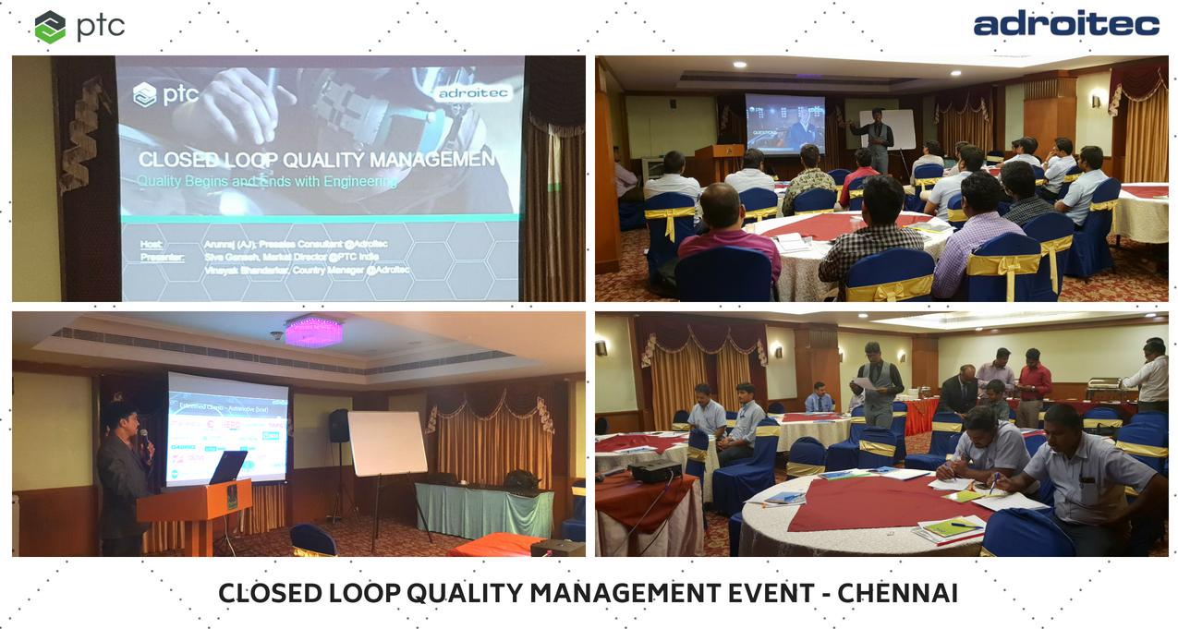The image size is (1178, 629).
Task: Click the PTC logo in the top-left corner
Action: click(79, 26)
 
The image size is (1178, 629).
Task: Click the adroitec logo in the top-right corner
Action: click(1066, 24)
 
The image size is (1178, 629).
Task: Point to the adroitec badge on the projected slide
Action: click(472, 94)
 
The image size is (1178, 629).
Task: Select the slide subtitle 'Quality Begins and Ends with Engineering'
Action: click(267, 182)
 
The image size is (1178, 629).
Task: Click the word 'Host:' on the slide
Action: click(151, 244)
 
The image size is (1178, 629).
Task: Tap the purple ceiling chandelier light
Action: click(313, 330)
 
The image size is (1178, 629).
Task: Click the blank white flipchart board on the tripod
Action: click(387, 443)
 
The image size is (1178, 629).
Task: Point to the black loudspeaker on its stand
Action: click(339, 426)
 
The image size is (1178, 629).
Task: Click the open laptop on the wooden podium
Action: click(226, 467)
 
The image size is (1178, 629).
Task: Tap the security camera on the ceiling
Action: click(276, 334)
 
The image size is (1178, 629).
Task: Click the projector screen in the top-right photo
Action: click(784, 123)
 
